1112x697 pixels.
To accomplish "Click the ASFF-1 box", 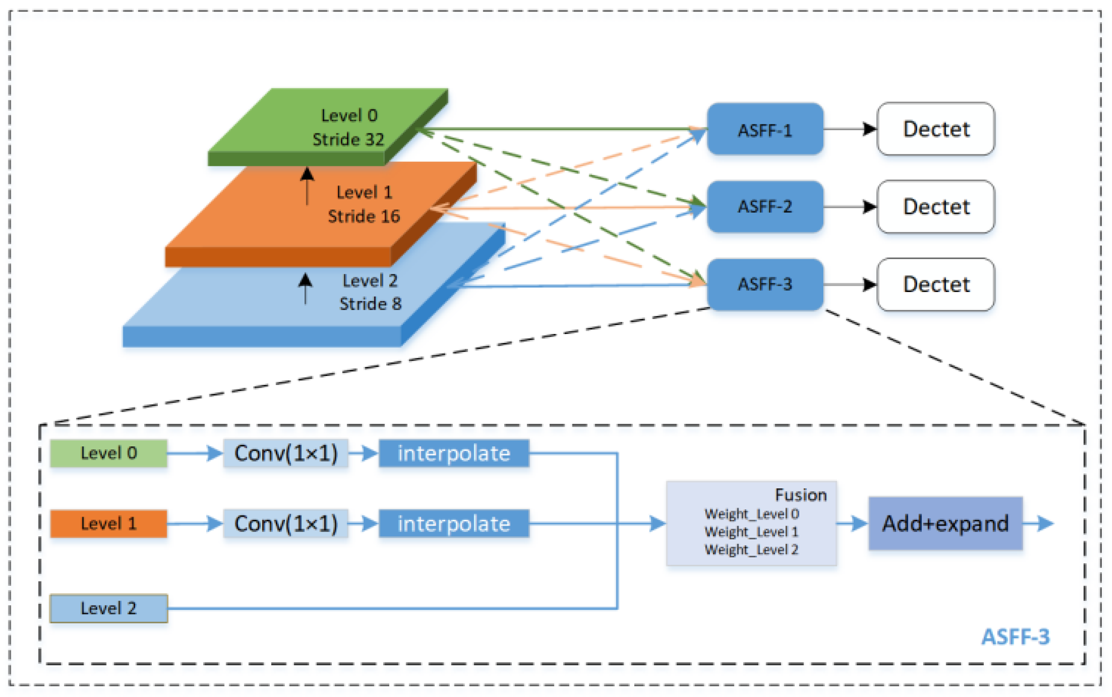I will coord(764,130).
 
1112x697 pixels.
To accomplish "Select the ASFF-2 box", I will coord(764,207).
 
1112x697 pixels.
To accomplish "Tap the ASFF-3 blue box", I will coord(764,284).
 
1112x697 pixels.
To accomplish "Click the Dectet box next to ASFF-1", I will coord(935,129).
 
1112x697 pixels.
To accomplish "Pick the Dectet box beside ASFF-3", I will coord(935,284).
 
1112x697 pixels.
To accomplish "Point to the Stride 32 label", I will coord(348,139).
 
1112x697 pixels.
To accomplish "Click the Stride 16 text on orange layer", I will coord(364,216).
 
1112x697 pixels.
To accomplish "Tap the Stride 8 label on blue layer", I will coord(370,304).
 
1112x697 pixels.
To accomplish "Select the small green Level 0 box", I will coord(108,453).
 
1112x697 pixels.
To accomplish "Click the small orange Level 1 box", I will coord(108,524).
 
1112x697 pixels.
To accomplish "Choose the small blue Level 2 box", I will coord(108,608).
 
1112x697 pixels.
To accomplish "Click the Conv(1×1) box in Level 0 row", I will coord(286,453).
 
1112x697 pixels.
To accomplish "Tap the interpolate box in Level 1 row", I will coord(454,524).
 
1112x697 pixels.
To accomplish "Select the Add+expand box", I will coord(945,524).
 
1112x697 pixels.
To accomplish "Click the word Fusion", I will coord(800,495).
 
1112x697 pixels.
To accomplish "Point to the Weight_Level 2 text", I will coord(751,549).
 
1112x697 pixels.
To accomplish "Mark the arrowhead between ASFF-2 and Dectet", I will coord(869,207).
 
